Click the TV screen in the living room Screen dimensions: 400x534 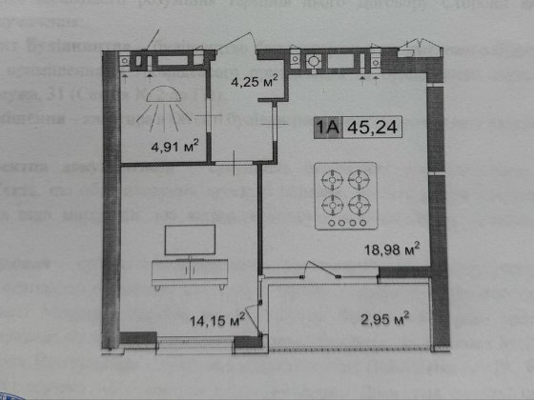[185, 239]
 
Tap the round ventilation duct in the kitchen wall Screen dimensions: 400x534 [311, 59]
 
